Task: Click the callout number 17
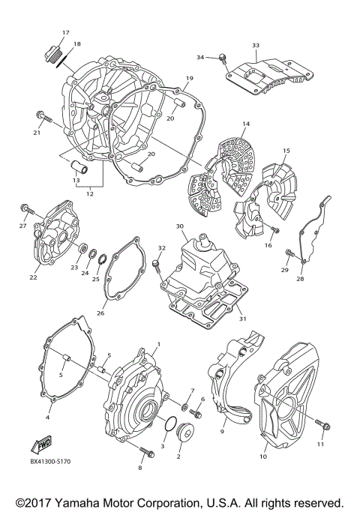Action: [x=65, y=32]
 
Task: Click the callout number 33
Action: [x=255, y=46]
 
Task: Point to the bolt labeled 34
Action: [x=223, y=58]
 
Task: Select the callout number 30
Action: [x=179, y=226]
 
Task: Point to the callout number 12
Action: [x=90, y=193]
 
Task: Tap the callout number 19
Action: [x=189, y=79]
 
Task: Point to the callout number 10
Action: [x=263, y=455]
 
